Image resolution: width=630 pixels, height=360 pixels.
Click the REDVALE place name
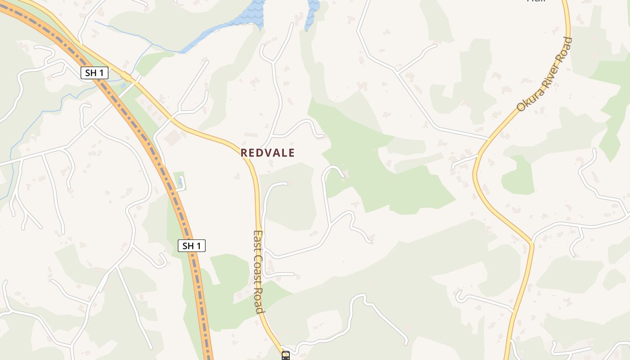click(267, 153)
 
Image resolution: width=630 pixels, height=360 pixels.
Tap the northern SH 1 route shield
click(94, 72)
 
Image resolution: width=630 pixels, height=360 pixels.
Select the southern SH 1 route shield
click(192, 246)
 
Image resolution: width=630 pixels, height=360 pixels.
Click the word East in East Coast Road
click(258, 243)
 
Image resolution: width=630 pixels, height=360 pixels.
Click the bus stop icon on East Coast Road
click(286, 355)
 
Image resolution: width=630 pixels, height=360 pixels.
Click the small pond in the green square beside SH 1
click(180, 182)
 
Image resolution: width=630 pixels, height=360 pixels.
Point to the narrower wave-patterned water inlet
click(312, 13)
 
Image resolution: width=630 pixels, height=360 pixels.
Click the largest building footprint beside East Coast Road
click(172, 137)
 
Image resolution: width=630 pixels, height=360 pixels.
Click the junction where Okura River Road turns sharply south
click(531, 243)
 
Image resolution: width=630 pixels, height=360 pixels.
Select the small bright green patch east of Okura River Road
click(518, 176)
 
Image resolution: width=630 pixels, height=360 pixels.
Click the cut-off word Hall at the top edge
click(536, 1)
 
